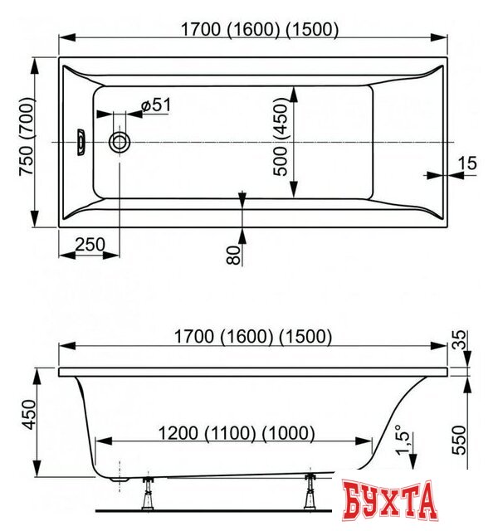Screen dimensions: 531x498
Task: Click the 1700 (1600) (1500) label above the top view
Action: (x=260, y=29)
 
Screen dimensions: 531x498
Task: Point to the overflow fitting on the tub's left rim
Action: (x=81, y=141)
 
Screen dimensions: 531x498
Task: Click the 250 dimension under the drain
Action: (x=90, y=245)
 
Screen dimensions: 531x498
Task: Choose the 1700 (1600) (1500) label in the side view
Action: (x=254, y=336)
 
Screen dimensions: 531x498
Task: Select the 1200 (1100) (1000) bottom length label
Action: (x=237, y=432)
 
